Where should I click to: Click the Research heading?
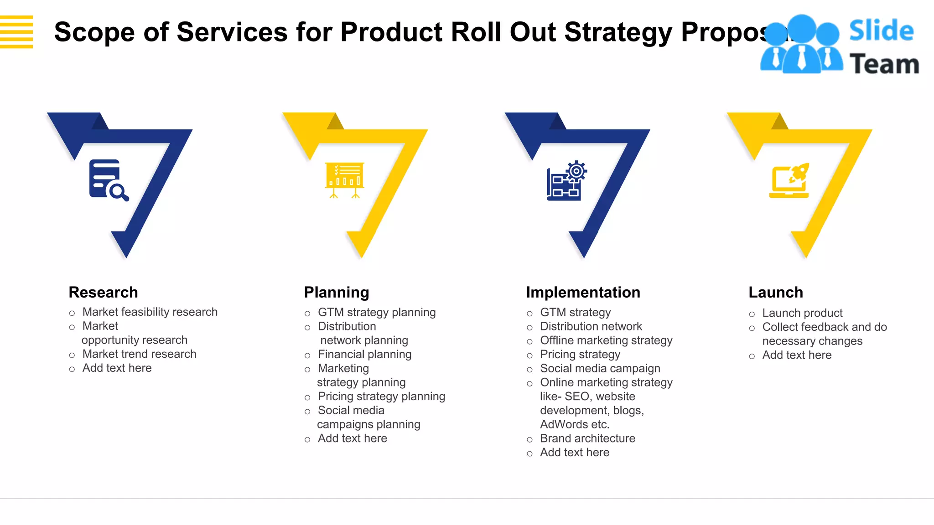103,292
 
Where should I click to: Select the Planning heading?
337,292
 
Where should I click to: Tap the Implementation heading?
583,292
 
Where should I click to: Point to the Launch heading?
776,292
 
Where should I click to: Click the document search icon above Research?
109,180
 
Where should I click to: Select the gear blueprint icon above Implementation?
566,180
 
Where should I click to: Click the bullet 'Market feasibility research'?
150,312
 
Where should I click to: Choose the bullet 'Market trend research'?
139,354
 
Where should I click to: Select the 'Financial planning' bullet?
364,355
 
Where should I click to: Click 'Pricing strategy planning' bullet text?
381,396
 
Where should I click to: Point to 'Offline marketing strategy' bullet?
606,340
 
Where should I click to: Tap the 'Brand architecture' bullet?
587,438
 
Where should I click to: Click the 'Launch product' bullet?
802,313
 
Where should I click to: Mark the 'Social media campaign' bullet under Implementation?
600,368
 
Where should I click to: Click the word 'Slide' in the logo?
881,31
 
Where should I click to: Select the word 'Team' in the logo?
884,64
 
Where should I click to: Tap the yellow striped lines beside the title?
16,31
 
